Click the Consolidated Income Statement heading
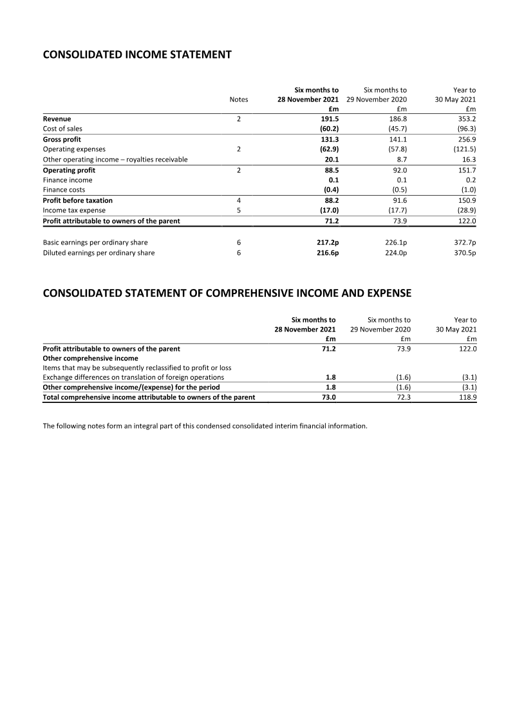pyautogui.click(x=136, y=55)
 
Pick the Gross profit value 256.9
pyautogui.click(x=465, y=139)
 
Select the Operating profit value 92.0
pyautogui.click(x=397, y=170)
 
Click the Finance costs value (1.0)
pyautogui.click(x=465, y=190)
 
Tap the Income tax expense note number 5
pyautogui.click(x=239, y=210)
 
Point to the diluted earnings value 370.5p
pyautogui.click(x=464, y=253)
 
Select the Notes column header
pyautogui.click(x=239, y=100)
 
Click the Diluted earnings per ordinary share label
pyautogui.click(x=98, y=253)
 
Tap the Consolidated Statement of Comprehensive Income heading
pyautogui.click(x=227, y=294)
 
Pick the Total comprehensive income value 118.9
pyautogui.click(x=465, y=397)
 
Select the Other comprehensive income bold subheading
pyautogui.click(x=90, y=359)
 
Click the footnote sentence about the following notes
pyautogui.click(x=205, y=425)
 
